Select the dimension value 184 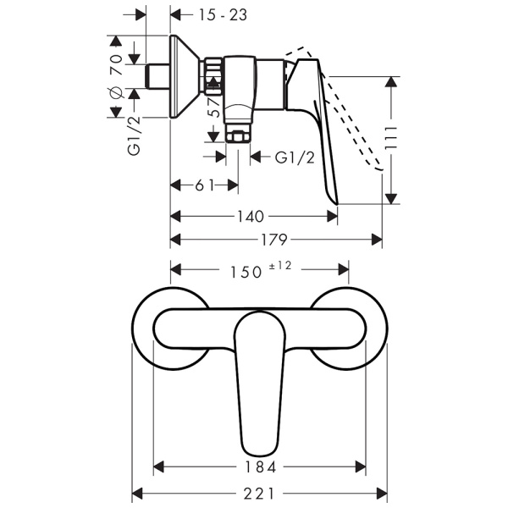(x=260, y=467)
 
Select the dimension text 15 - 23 (x=205, y=14)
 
